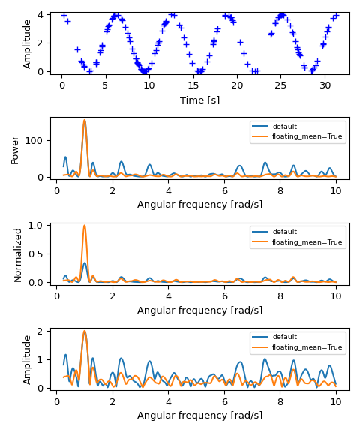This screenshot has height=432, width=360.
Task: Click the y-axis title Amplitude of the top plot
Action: (x=28, y=43)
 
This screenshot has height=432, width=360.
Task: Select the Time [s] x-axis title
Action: (x=199, y=100)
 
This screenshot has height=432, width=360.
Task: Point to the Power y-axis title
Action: (x=16, y=149)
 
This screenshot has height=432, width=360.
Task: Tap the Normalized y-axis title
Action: (x=18, y=254)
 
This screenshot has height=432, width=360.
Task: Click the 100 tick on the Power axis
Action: (x=36, y=141)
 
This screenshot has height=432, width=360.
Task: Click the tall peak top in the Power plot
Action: (x=85, y=120)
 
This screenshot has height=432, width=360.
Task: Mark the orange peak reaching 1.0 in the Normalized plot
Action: (x=85, y=226)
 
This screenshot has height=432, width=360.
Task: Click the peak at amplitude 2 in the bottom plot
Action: (x=85, y=331)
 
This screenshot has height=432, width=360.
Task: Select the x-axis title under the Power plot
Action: (x=199, y=205)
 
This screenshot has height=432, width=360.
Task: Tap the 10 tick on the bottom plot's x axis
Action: (x=336, y=401)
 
